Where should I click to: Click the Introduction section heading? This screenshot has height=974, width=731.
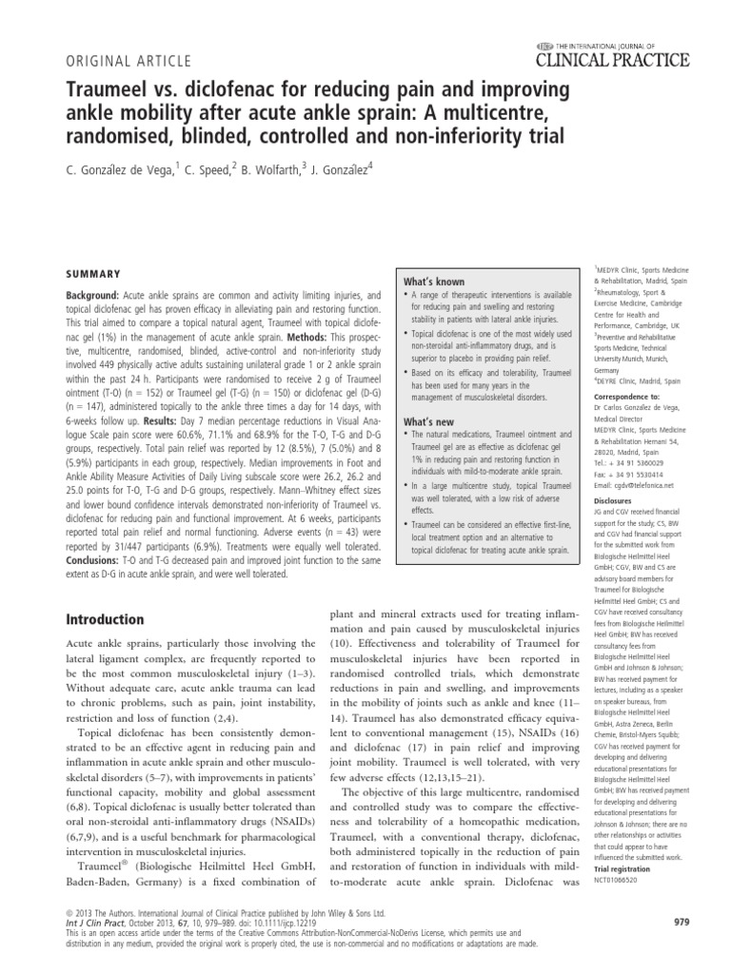tap(104, 619)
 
